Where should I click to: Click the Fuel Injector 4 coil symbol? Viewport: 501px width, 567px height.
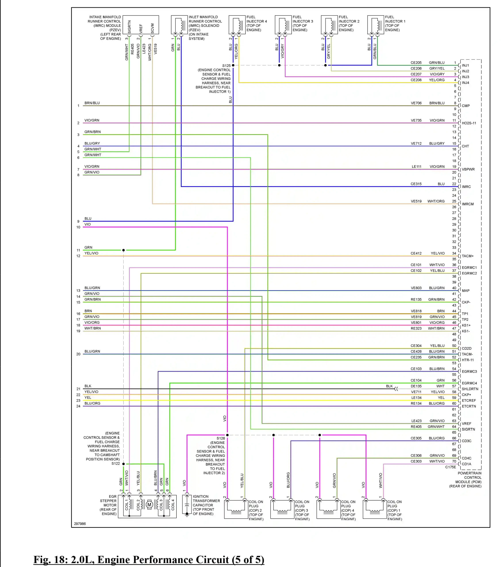(x=237, y=25)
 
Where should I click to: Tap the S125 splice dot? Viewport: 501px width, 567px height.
(x=233, y=65)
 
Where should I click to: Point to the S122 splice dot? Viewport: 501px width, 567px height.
(x=124, y=464)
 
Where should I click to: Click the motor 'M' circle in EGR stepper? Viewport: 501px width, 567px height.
(x=149, y=505)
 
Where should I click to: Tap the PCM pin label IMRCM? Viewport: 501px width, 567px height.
(x=468, y=204)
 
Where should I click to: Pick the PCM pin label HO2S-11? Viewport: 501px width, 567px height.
(x=469, y=123)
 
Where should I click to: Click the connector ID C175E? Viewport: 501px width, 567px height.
(x=451, y=467)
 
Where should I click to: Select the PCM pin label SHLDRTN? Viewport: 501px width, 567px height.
(x=470, y=389)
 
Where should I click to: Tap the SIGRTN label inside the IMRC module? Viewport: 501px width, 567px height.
(x=129, y=27)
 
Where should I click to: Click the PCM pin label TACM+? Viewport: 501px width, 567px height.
(x=468, y=256)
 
